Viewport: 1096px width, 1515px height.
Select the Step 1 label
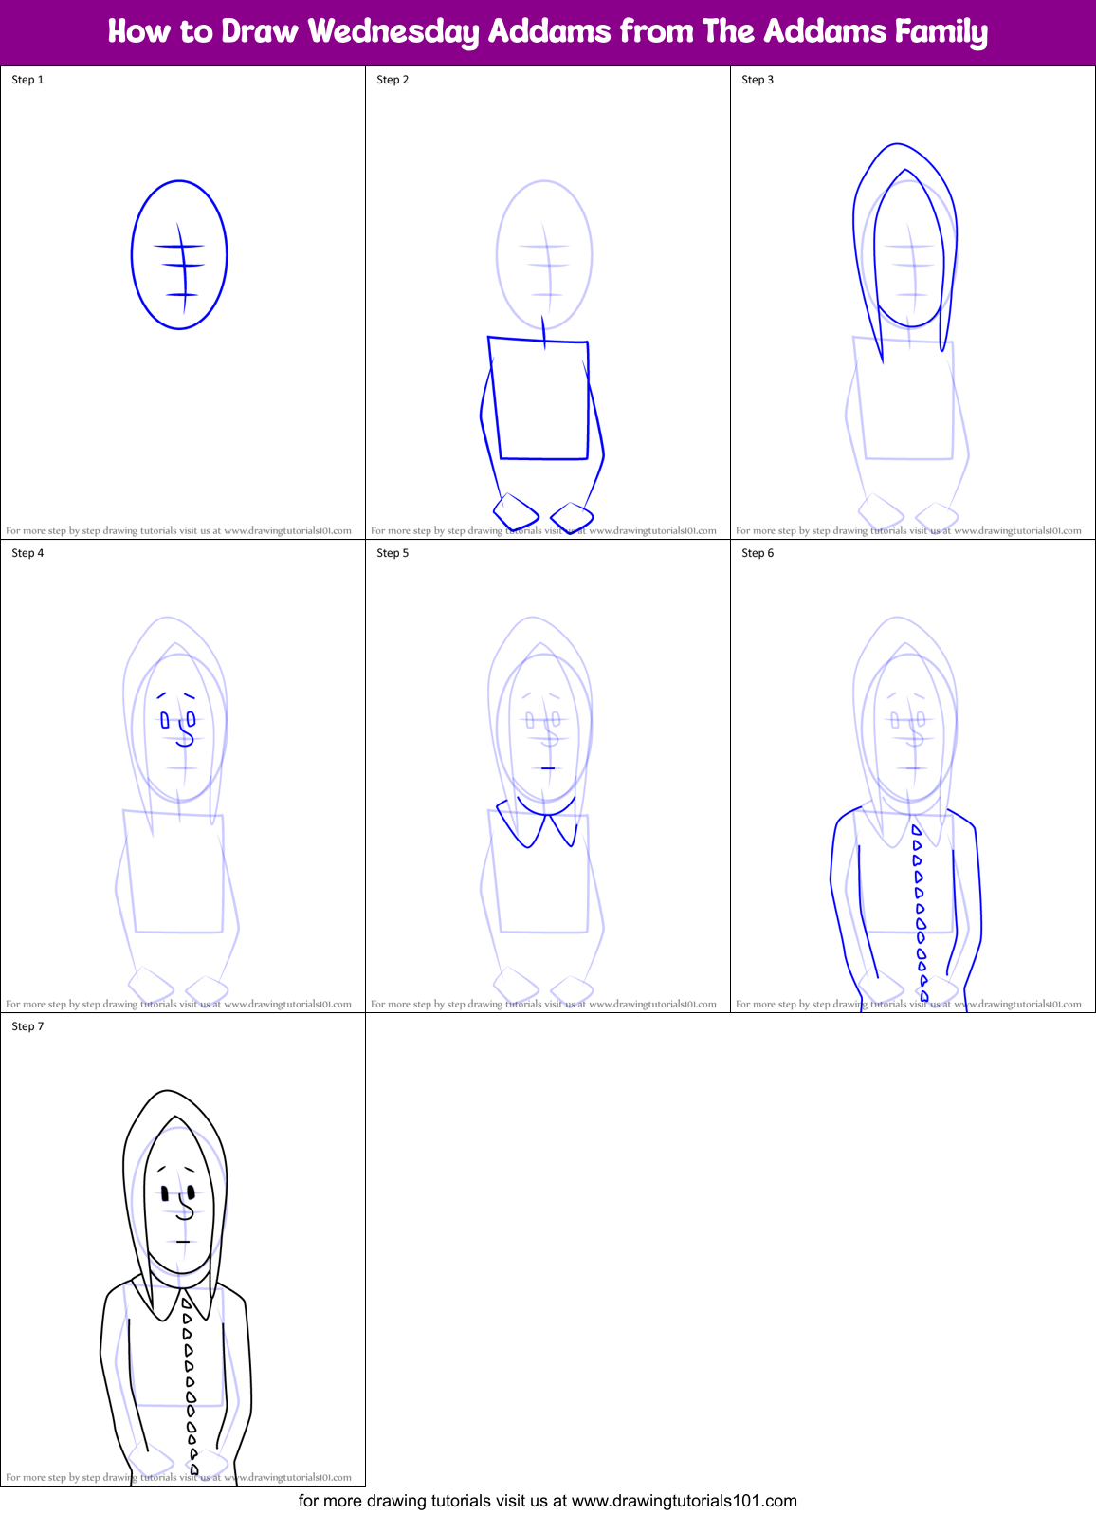tap(27, 80)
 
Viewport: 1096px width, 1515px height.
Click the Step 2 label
tap(393, 80)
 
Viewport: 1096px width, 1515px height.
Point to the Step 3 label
tap(758, 80)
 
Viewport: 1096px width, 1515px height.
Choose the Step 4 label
tap(27, 553)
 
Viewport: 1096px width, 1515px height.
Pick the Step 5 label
tap(393, 553)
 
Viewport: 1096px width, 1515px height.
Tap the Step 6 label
tap(758, 553)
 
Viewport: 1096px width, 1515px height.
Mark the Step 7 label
tap(27, 1026)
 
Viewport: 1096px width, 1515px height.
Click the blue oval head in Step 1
tap(179, 254)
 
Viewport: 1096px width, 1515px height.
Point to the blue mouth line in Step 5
tap(548, 767)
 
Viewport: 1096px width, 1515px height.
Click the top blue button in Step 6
tap(916, 830)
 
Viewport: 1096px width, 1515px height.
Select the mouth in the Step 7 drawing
tap(183, 1242)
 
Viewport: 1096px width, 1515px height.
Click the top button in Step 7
tap(186, 1303)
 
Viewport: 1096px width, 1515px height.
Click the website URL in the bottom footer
tap(685, 1501)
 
